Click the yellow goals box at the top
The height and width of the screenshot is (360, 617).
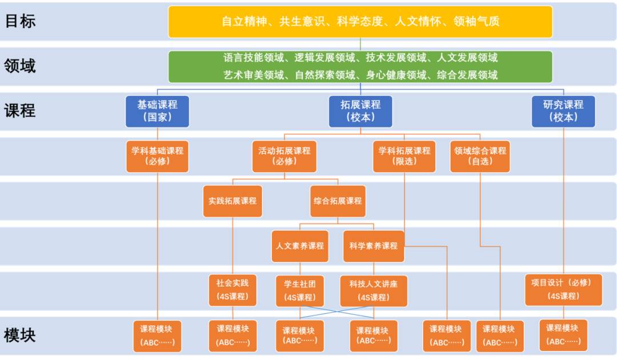(360, 22)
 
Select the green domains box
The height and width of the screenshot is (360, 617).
(360, 66)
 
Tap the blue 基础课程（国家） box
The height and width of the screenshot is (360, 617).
(157, 111)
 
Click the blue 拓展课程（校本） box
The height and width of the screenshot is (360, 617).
(360, 111)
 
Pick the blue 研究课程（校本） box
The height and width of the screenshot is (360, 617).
(563, 111)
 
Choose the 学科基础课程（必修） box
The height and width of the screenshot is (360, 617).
(157, 156)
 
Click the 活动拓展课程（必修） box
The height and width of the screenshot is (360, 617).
(284, 156)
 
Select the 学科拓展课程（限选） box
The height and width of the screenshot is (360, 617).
(404, 156)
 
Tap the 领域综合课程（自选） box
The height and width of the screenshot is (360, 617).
(480, 156)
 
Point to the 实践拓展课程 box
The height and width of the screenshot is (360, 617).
(233, 201)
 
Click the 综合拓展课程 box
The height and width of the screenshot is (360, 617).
(338, 201)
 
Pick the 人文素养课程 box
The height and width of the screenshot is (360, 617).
(300, 246)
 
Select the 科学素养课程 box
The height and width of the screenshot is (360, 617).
(373, 246)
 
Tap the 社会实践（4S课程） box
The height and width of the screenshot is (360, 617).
(233, 290)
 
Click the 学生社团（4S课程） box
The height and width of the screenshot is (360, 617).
(300, 290)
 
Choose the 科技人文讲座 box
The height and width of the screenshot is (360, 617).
(373, 290)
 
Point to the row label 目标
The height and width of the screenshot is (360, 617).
(20, 22)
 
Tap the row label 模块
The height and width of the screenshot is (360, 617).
(20, 335)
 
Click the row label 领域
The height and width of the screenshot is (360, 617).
(20, 66)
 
